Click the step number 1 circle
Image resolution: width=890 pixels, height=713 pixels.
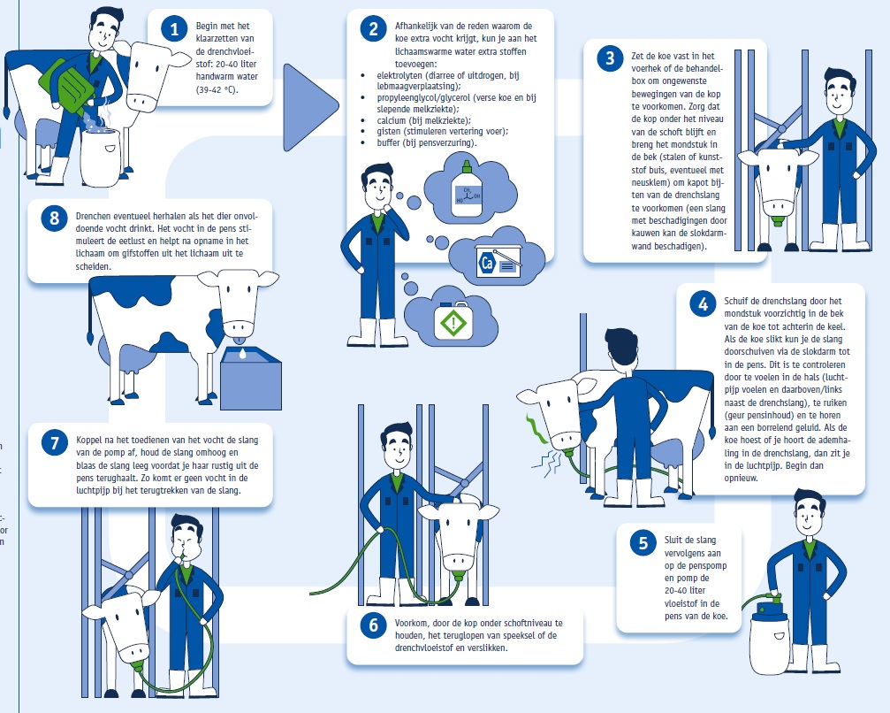pyautogui.click(x=174, y=28)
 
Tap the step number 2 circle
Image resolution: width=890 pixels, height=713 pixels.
pyautogui.click(x=374, y=28)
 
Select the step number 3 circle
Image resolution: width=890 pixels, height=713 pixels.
pyautogui.click(x=610, y=58)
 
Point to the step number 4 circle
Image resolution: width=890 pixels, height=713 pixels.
pyautogui.click(x=703, y=304)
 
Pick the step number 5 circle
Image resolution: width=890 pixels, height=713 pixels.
pyautogui.click(x=643, y=542)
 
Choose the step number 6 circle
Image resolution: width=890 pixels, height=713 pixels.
pyautogui.click(x=374, y=625)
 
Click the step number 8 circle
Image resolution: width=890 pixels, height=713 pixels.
pyautogui.click(x=55, y=218)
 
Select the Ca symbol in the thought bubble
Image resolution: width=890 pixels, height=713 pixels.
pyautogui.click(x=487, y=263)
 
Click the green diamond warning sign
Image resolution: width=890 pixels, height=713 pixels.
pyautogui.click(x=453, y=324)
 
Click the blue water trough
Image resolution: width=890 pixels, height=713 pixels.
pyautogui.click(x=250, y=378)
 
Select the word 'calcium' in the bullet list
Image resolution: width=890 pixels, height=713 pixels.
pyautogui.click(x=391, y=120)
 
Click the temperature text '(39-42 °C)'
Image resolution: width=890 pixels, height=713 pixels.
pyautogui.click(x=217, y=89)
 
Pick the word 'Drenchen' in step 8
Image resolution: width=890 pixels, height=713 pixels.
pyautogui.click(x=93, y=217)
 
